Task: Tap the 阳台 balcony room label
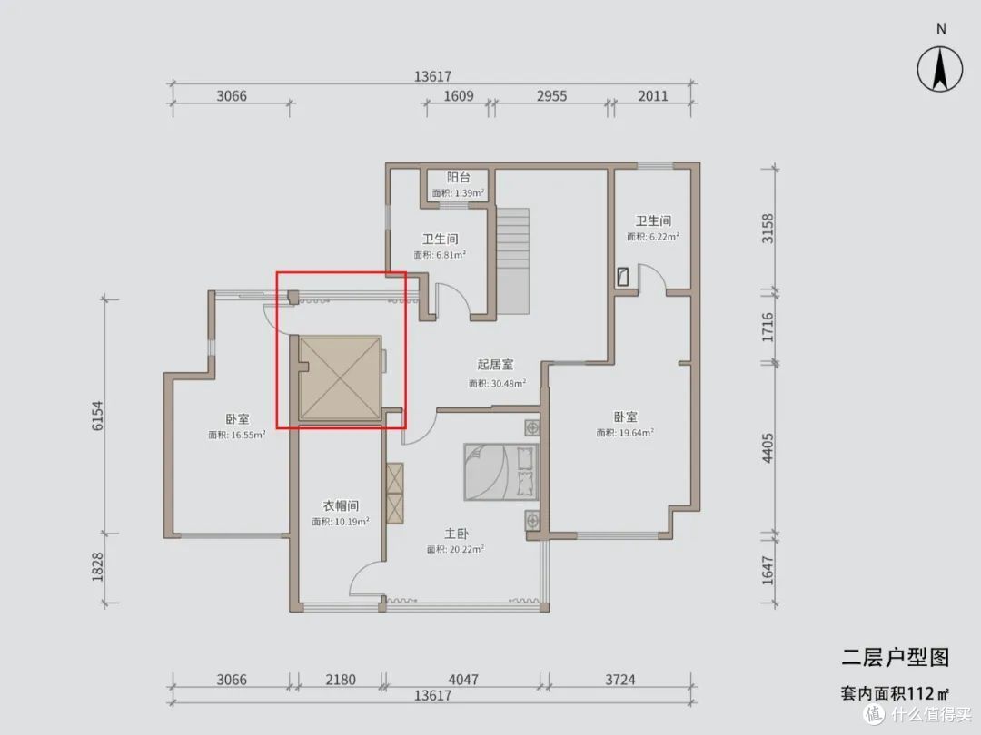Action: (458, 178)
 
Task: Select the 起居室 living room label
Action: (495, 365)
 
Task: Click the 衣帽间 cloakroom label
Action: (341, 505)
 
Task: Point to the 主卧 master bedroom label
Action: (456, 534)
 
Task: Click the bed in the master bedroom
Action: (501, 473)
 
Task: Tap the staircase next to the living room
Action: (513, 261)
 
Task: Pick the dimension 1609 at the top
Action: (459, 96)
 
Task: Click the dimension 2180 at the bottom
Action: (341, 680)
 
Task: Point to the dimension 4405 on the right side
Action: (768, 448)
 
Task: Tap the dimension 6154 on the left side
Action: (97, 416)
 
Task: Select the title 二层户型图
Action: (896, 657)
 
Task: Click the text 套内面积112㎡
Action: (895, 693)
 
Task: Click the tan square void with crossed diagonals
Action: (340, 378)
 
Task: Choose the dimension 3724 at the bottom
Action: (620, 680)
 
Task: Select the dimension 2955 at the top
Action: (552, 96)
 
